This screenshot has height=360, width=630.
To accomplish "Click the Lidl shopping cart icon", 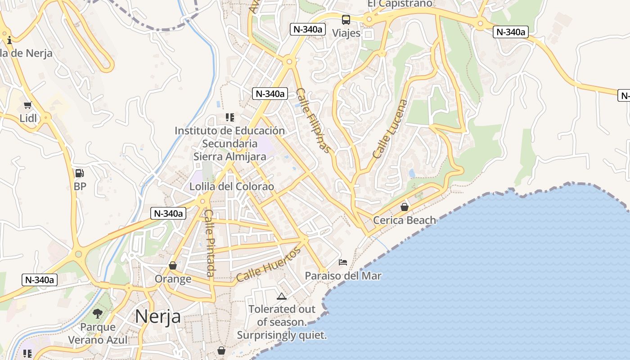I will pyautogui.click(x=27, y=105).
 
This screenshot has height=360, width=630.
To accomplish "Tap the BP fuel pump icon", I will pyautogui.click(x=80, y=173).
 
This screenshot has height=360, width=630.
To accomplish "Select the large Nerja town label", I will pyautogui.click(x=158, y=316).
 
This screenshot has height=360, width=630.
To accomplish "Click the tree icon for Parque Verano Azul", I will pyautogui.click(x=98, y=314).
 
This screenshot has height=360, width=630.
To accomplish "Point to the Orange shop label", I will pyautogui.click(x=173, y=279).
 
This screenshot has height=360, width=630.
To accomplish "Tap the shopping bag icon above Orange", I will pyautogui.click(x=172, y=265).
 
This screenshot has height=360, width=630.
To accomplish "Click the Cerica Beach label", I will pyautogui.click(x=405, y=220).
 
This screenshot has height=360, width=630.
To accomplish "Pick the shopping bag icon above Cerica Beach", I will pyautogui.click(x=405, y=207).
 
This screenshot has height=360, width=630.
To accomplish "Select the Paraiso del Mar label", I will pyautogui.click(x=343, y=276).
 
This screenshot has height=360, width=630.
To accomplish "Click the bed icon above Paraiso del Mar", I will pyautogui.click(x=343, y=262).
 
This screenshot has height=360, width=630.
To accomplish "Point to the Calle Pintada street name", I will pyautogui.click(x=209, y=243).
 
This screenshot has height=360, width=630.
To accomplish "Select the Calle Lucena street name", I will pyautogui.click(x=390, y=129).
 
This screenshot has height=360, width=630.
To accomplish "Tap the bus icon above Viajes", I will pyautogui.click(x=346, y=20).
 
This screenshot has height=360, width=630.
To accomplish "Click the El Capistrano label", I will pyautogui.click(x=400, y=4).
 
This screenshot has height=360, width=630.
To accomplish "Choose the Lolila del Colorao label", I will pyautogui.click(x=232, y=186).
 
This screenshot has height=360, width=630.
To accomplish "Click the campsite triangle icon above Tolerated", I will pyautogui.click(x=282, y=296).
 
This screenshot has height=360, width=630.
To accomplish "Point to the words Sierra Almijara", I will pyautogui.click(x=229, y=157).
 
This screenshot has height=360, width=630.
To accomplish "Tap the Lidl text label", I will pyautogui.click(x=28, y=118).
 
